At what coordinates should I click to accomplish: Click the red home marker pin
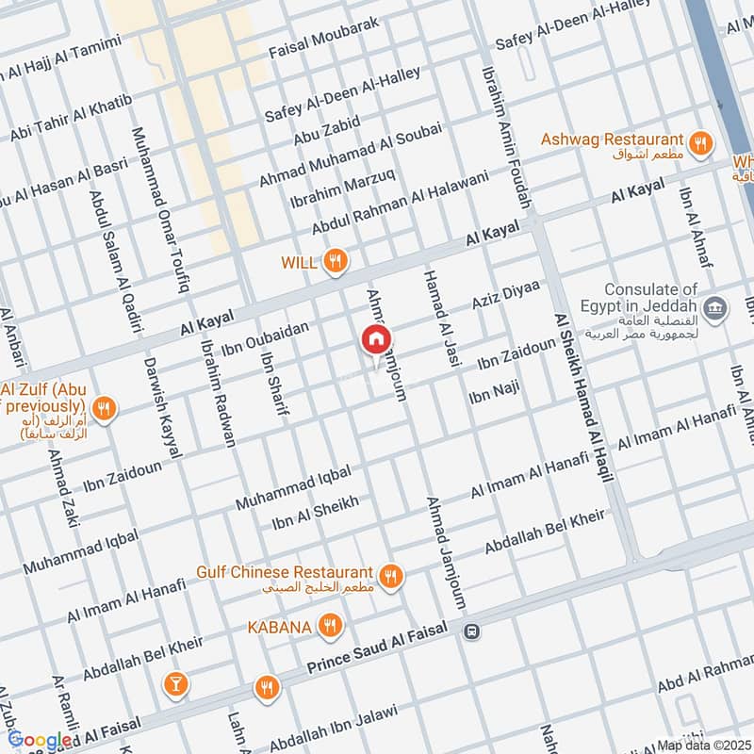click(x=376, y=340)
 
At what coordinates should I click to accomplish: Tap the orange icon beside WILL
click(x=335, y=261)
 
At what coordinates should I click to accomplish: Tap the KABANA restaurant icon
click(x=329, y=624)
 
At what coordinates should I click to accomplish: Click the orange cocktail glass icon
click(x=174, y=684)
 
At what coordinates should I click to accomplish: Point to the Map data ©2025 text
click(x=704, y=746)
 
